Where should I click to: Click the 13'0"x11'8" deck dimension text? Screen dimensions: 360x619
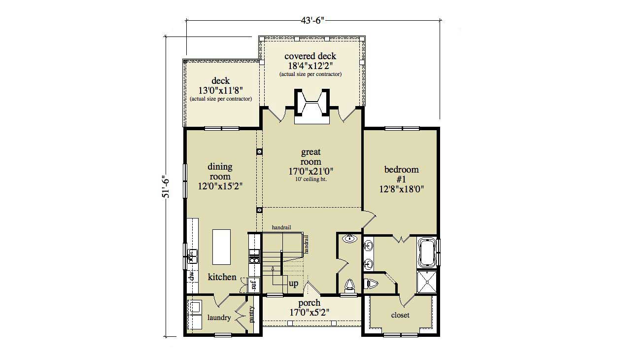220,90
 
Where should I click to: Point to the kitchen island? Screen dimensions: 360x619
222,247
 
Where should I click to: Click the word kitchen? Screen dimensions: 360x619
222,277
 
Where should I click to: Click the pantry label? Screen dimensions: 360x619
252,314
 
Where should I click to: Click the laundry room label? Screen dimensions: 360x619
219,318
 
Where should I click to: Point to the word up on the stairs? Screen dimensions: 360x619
293,284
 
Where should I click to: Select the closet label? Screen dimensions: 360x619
400,315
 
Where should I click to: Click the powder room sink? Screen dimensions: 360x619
350,240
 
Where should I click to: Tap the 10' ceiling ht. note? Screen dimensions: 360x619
311,180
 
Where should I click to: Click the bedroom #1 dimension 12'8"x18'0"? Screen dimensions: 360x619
401,188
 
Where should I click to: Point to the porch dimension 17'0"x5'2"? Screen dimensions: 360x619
309,312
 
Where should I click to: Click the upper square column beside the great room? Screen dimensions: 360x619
259,152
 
